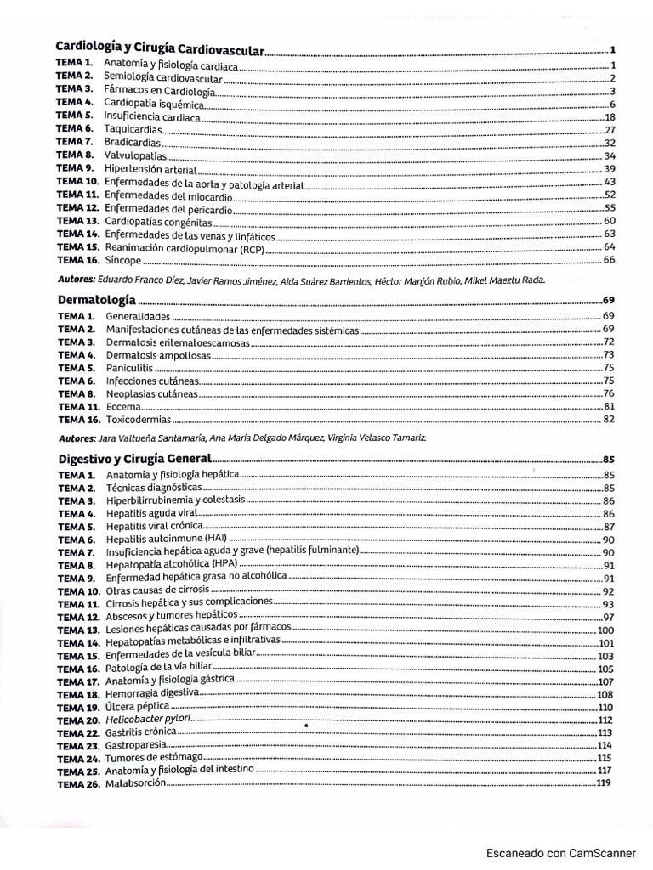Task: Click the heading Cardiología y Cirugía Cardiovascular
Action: click(160, 50)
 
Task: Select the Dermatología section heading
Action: click(96, 300)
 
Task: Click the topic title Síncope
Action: click(118, 259)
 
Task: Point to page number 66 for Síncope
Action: click(609, 259)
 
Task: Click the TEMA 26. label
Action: click(79, 783)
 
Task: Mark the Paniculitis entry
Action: click(130, 368)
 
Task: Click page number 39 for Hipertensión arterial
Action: click(609, 168)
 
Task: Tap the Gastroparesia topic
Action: click(135, 745)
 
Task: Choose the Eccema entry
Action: click(123, 406)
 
